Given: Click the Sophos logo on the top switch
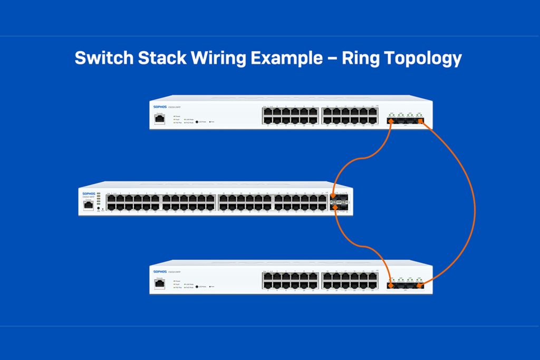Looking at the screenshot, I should pos(160,106).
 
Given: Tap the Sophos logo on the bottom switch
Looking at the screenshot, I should pos(160,272).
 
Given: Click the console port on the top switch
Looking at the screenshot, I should pos(159,119).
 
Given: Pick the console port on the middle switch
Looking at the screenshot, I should pos(88,204).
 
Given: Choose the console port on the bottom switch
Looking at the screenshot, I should pos(159,284).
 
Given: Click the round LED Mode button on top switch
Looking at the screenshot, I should pos(197,122).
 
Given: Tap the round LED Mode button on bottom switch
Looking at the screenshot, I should pos(197,287).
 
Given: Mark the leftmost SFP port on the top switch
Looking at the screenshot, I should pos(392,121).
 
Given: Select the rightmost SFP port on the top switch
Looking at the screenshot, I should pos(420,121).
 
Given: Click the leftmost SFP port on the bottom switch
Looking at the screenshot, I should pos(392,286).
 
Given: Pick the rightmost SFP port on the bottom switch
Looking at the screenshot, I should pos(420,286).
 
